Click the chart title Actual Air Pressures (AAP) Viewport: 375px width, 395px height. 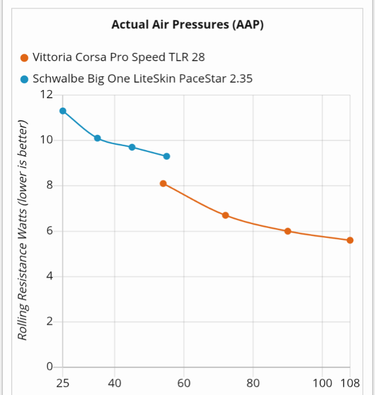tap(187, 25)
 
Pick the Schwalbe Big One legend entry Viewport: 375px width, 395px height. tap(142, 78)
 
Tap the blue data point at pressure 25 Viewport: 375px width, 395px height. tap(63, 111)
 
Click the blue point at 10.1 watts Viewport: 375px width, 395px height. tap(97, 138)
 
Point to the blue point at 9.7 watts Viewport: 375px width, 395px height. tap(132, 147)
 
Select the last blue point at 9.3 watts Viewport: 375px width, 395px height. tap(167, 156)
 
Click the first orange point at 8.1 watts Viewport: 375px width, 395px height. tap(163, 184)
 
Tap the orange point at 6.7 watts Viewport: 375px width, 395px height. tap(225, 216)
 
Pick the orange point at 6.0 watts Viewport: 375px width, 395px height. tap(288, 231)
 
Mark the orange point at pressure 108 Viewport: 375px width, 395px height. tap(350, 240)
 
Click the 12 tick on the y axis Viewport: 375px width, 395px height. tap(46, 94)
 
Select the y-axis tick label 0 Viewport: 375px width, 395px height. tap(49, 367)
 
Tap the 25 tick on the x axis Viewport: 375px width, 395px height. tap(63, 383)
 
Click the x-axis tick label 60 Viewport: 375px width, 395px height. tap(184, 383)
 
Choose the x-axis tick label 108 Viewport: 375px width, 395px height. tap(350, 383)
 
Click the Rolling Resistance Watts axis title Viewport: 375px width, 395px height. tap(22, 230)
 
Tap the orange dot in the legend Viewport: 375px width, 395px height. tap(24, 58)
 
